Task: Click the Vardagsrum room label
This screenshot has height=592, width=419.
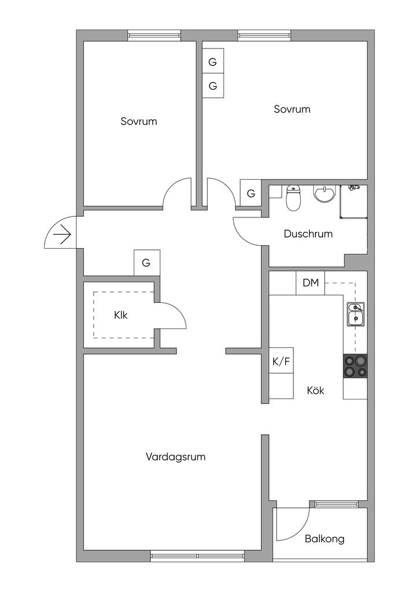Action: [x=175, y=457]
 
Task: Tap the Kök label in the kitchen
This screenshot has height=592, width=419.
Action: [x=315, y=390]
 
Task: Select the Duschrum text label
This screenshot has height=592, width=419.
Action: [x=308, y=234]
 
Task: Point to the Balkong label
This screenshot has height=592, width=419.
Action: [x=325, y=539]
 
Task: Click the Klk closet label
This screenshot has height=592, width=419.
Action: [x=120, y=315]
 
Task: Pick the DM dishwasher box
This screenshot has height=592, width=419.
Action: [x=311, y=283]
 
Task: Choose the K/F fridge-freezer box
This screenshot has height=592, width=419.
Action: [x=281, y=362]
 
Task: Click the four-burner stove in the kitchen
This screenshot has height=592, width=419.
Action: [x=355, y=365]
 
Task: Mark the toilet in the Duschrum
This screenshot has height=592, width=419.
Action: [x=293, y=198]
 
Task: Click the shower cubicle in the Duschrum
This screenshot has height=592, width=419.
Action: [x=353, y=201]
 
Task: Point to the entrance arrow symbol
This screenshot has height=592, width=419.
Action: [x=61, y=235]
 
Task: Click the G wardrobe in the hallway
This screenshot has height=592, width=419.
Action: [x=146, y=262]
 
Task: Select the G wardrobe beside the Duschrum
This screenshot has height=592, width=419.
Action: [x=251, y=194]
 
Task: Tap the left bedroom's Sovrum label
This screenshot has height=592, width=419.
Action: [x=139, y=121]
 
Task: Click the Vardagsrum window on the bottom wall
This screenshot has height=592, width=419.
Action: [x=197, y=556]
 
